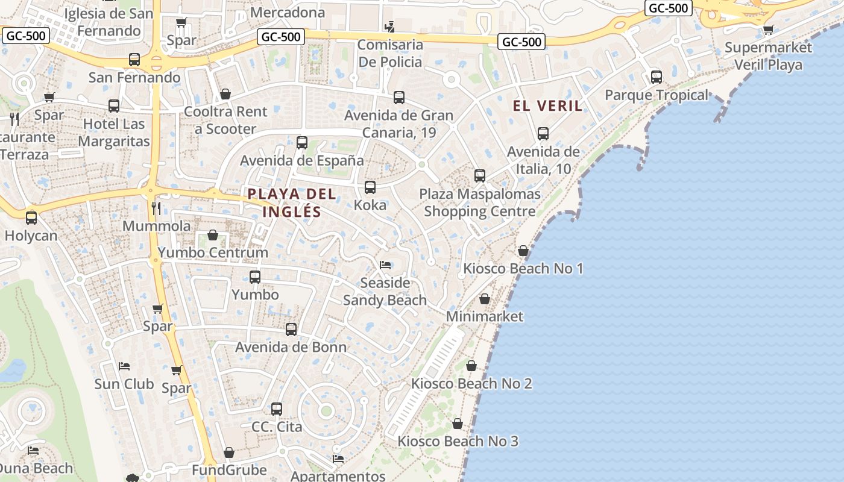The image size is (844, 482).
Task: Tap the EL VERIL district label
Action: point(547,106)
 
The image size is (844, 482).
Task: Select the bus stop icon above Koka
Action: point(370,187)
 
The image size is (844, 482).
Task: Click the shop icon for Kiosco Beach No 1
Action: point(523,251)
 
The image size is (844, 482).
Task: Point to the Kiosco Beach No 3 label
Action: point(458,441)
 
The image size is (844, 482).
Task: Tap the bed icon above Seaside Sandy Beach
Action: point(385,265)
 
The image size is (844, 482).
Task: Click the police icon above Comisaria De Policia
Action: point(391,27)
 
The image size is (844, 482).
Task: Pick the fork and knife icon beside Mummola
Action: point(156,208)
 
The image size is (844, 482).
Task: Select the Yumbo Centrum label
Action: point(213,252)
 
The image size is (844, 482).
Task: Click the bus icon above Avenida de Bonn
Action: point(291,330)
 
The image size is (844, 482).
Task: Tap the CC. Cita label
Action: point(277,427)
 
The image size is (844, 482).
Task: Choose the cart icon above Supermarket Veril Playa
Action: point(768,30)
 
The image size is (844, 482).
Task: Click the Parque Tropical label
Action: point(657,95)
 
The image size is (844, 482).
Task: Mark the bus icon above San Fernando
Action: point(134,60)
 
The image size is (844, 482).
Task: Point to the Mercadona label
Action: point(288,12)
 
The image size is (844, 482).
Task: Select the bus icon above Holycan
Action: point(31,218)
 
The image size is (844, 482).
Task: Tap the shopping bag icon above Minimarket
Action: point(485,299)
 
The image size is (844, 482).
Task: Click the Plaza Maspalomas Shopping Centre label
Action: point(480,203)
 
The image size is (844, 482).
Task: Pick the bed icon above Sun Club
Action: point(124,366)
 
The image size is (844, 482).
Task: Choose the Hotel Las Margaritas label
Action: point(114,133)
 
